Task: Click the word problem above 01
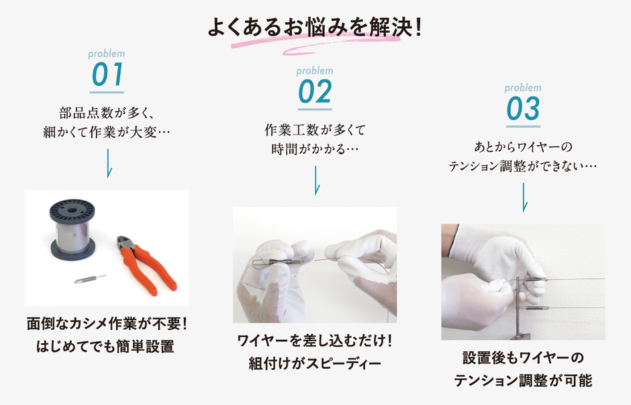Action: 107,54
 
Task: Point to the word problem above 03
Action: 523,88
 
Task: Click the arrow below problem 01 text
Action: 107,163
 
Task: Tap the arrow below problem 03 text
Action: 524,197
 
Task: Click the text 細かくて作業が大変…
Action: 107,132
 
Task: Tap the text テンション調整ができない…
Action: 523,166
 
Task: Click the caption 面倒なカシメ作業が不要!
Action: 107,324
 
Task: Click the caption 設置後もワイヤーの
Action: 523,359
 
